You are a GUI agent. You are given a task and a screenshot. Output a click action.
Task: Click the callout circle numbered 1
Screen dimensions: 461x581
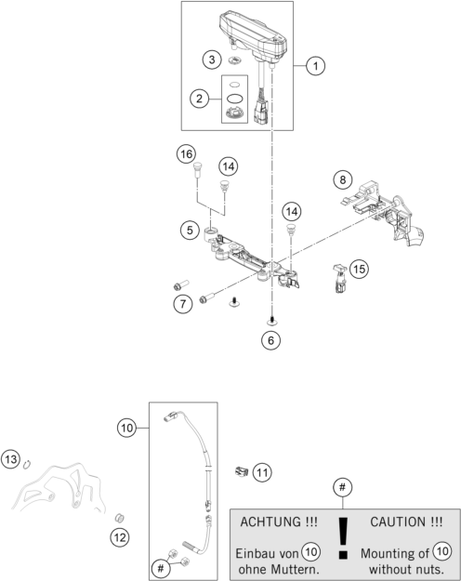click(315, 66)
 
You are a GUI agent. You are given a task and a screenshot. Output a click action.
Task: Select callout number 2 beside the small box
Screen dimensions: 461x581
click(200, 99)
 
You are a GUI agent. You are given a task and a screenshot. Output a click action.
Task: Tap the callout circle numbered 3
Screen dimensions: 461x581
click(212, 59)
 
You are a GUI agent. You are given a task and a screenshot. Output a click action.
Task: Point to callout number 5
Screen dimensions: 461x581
click(190, 231)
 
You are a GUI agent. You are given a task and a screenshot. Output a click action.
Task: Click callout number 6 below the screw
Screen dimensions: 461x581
click(270, 340)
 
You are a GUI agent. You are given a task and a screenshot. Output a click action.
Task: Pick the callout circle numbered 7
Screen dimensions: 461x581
click(183, 304)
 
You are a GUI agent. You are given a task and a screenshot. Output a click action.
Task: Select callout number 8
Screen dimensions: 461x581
click(343, 179)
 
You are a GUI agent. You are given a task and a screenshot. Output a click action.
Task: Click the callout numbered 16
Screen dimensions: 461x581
click(186, 153)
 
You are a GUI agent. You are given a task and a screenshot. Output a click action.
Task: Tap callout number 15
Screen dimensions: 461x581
click(359, 269)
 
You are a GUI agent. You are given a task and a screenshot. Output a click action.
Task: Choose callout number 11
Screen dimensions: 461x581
click(262, 472)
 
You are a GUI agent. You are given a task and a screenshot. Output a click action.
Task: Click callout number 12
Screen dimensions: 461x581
click(120, 537)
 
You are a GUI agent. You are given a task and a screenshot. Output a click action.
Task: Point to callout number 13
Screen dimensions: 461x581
click(11, 459)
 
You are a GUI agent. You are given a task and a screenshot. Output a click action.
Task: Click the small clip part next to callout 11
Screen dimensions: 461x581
click(242, 471)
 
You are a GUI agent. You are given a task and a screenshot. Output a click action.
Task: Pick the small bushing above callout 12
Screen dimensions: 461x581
click(119, 518)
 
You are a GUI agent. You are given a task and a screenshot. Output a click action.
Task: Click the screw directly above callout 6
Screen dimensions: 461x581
click(271, 320)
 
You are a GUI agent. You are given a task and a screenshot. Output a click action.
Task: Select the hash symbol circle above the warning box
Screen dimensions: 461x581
click(342, 487)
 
